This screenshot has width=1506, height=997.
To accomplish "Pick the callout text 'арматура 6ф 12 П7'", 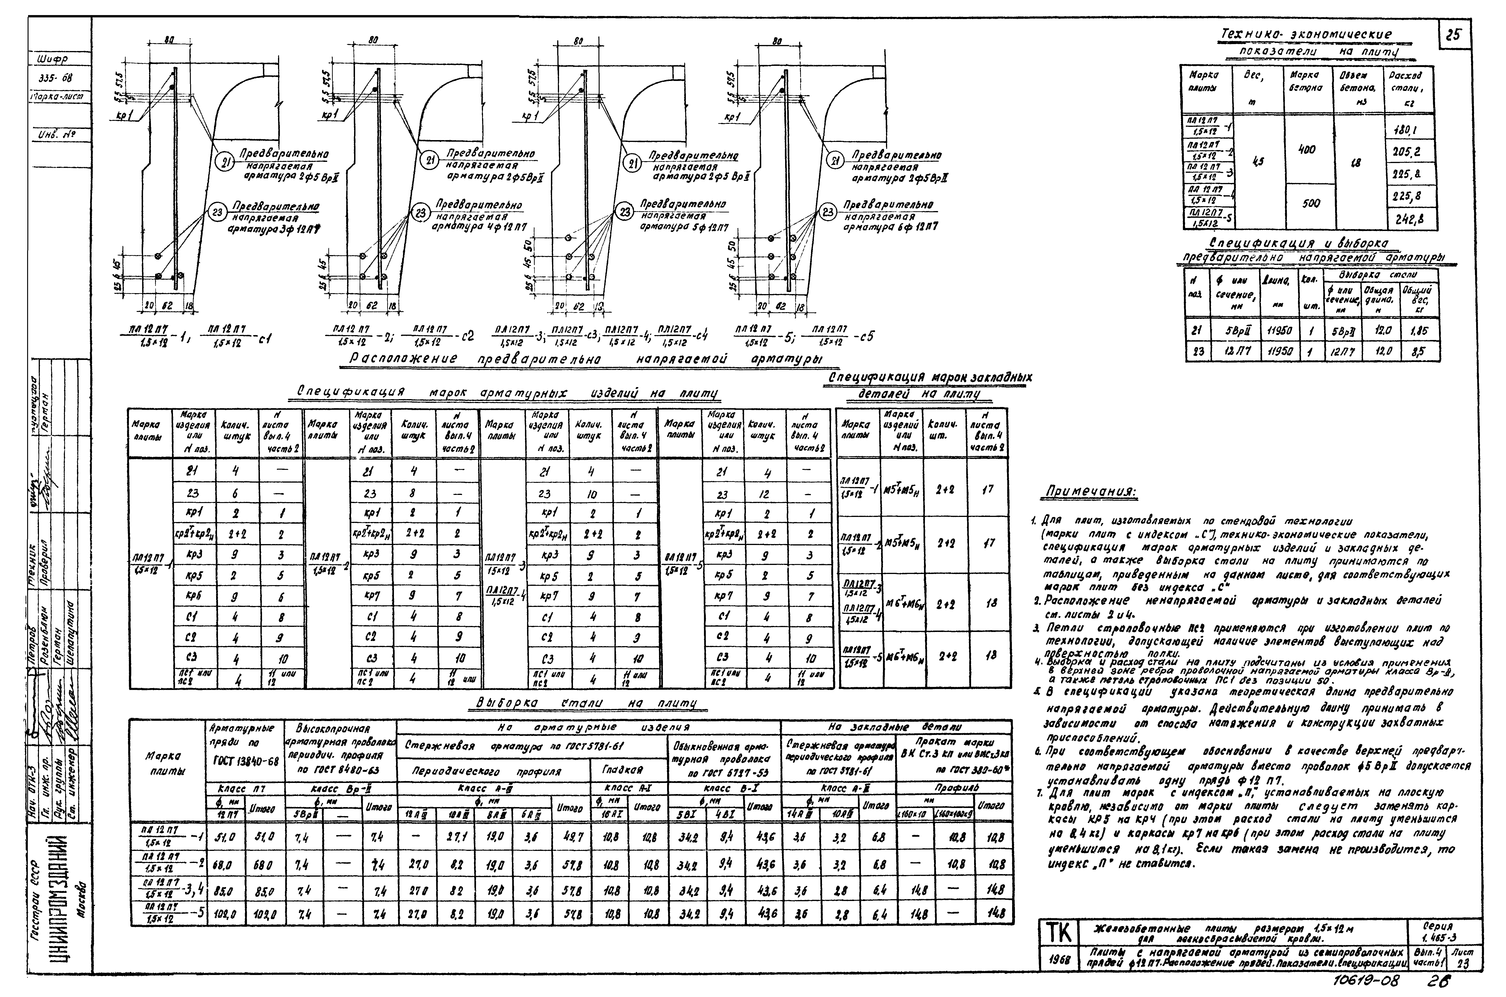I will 890,226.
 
